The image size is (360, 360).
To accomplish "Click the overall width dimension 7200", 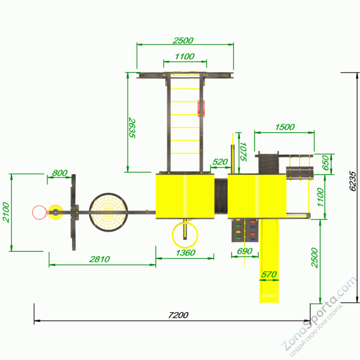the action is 178,315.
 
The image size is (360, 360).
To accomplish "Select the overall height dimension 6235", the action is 353,181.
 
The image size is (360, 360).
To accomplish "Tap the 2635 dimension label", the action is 132,128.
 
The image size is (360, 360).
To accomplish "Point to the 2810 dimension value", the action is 100,259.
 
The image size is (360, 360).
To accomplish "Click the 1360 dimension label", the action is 186,253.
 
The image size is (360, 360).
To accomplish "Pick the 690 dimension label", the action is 245,251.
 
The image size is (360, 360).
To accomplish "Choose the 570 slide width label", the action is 269,274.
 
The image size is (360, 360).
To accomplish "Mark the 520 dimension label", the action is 220,162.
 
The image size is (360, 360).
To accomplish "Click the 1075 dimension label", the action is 243,152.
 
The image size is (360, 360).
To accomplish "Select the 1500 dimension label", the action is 285,127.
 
